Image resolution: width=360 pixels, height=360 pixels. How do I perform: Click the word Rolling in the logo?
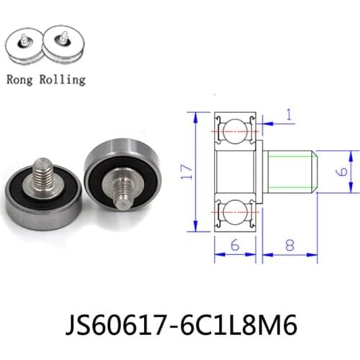pyautogui.click(x=63, y=81)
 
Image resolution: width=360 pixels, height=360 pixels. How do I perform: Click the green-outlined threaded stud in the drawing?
pyautogui.click(x=292, y=172)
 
